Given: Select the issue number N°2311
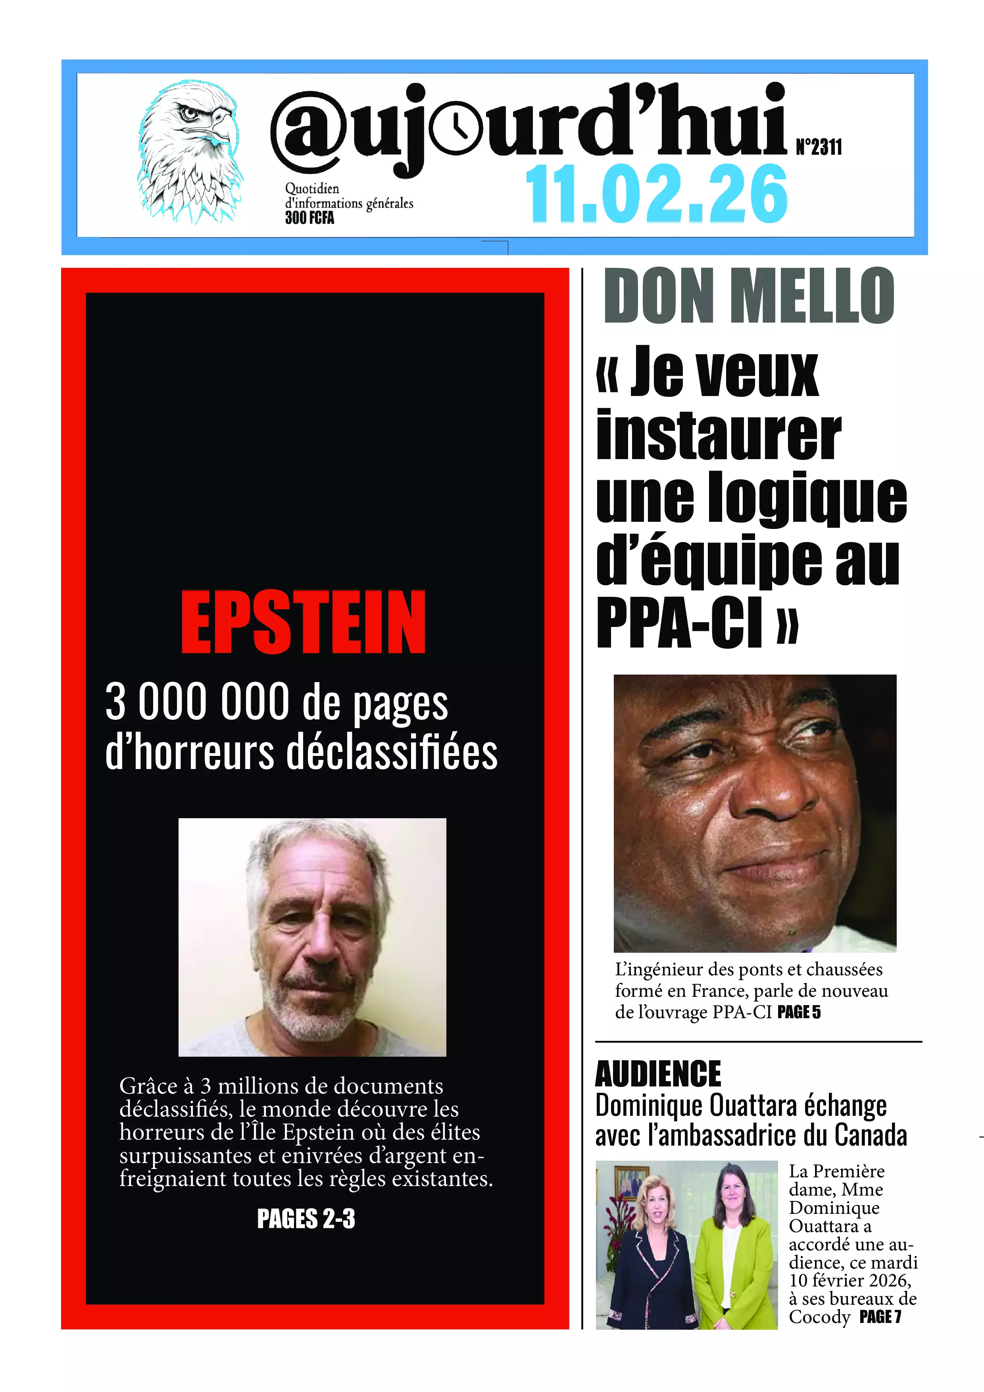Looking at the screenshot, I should (819, 147).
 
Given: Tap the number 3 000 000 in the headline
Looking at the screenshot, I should (198, 702).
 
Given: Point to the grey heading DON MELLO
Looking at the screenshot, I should (749, 296).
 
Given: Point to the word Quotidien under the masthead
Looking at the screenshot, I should (312, 188).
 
